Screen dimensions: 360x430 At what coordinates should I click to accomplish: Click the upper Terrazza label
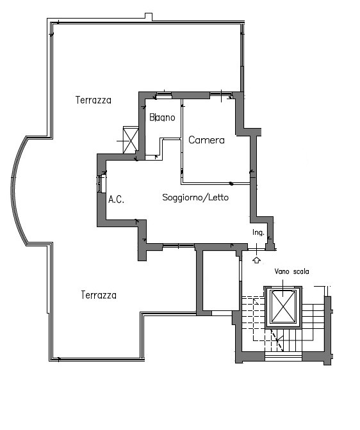point(94,100)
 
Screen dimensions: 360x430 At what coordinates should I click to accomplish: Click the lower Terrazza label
point(99,295)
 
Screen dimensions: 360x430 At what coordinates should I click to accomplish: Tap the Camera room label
point(206,140)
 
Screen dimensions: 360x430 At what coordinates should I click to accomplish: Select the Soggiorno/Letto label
point(195,198)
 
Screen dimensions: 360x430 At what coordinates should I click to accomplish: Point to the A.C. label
point(116,200)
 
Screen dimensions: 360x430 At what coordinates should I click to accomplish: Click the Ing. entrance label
point(258,232)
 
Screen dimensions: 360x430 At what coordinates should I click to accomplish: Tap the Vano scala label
point(291,271)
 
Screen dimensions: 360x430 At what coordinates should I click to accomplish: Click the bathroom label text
point(162,117)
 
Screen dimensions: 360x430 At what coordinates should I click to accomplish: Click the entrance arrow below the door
point(256,260)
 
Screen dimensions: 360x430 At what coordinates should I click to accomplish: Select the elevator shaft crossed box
point(283,307)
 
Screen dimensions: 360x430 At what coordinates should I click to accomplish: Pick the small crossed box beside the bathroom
point(131,140)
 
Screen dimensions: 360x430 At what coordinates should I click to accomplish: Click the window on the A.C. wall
point(101,184)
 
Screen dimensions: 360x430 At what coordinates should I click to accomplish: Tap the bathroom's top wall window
point(163,95)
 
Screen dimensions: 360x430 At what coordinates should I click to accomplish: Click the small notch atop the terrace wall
point(149,17)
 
